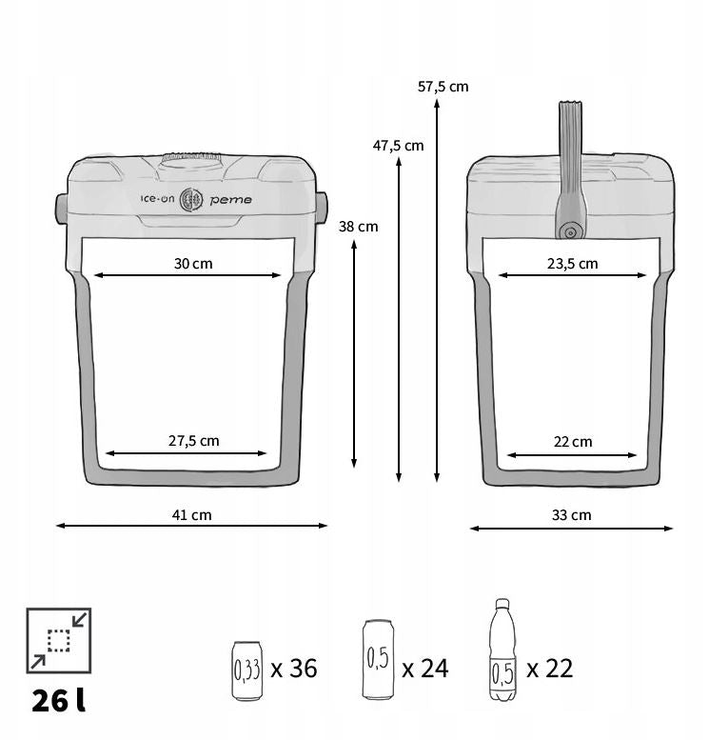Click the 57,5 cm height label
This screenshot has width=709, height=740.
(x=443, y=87)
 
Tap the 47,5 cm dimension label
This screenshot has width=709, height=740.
(x=398, y=146)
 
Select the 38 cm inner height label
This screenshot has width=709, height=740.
(x=358, y=227)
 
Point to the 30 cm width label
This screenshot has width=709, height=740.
(x=193, y=264)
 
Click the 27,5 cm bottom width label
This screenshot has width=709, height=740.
(x=194, y=441)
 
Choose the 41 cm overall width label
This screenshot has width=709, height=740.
(x=191, y=515)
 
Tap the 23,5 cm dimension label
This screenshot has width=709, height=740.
(x=573, y=264)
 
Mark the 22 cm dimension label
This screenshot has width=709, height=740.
(x=573, y=442)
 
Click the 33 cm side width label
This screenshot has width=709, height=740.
(x=572, y=515)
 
